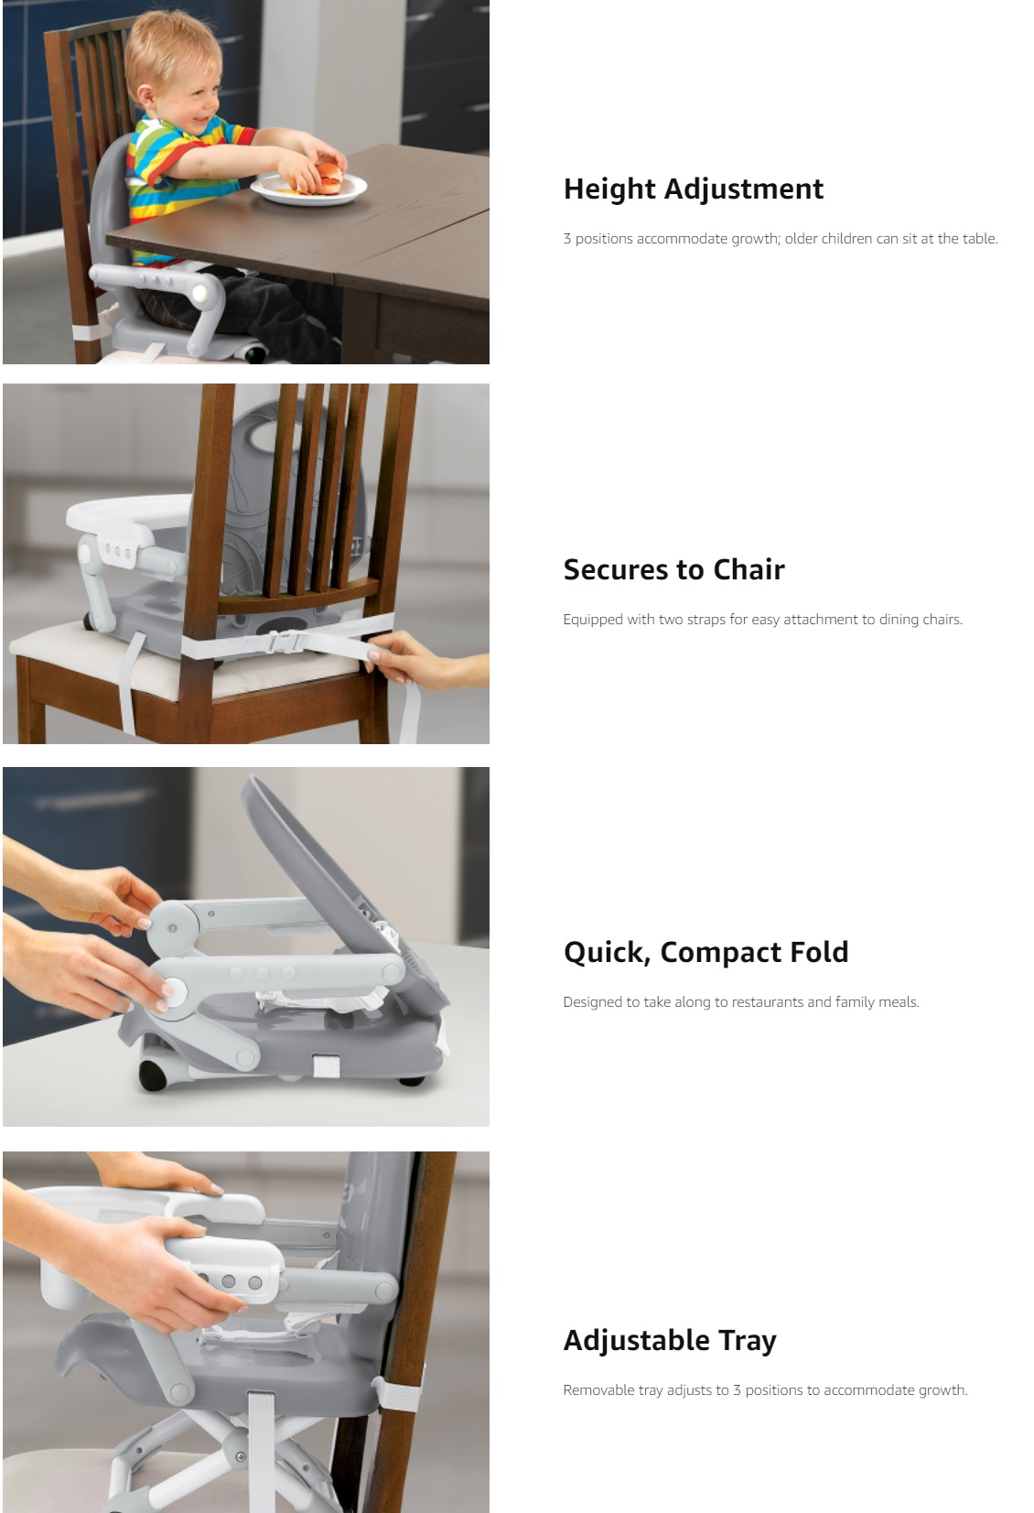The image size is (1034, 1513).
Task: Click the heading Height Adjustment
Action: [x=693, y=189]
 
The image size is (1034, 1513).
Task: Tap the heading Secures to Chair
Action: [x=674, y=569]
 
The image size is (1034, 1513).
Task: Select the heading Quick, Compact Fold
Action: [x=705, y=953]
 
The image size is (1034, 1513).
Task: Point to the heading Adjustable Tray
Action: [x=670, y=1341]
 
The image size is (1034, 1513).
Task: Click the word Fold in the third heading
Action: [x=819, y=952]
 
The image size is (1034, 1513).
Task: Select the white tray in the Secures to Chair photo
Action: [x=128, y=516]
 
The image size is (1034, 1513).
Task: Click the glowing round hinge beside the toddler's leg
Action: [x=200, y=293]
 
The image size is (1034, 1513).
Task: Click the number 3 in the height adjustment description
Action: [x=567, y=239]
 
